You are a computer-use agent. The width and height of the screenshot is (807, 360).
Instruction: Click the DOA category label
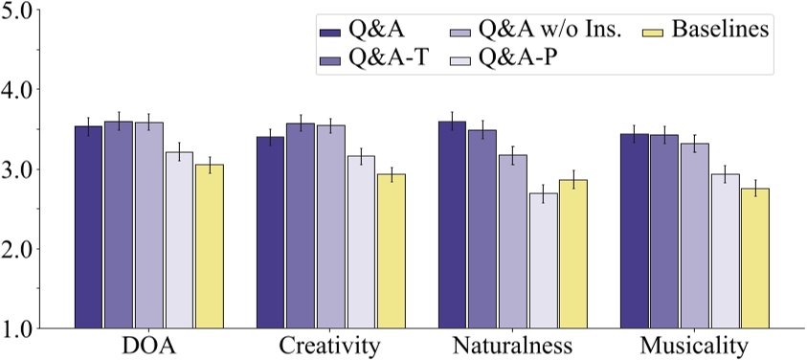pos(148,344)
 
